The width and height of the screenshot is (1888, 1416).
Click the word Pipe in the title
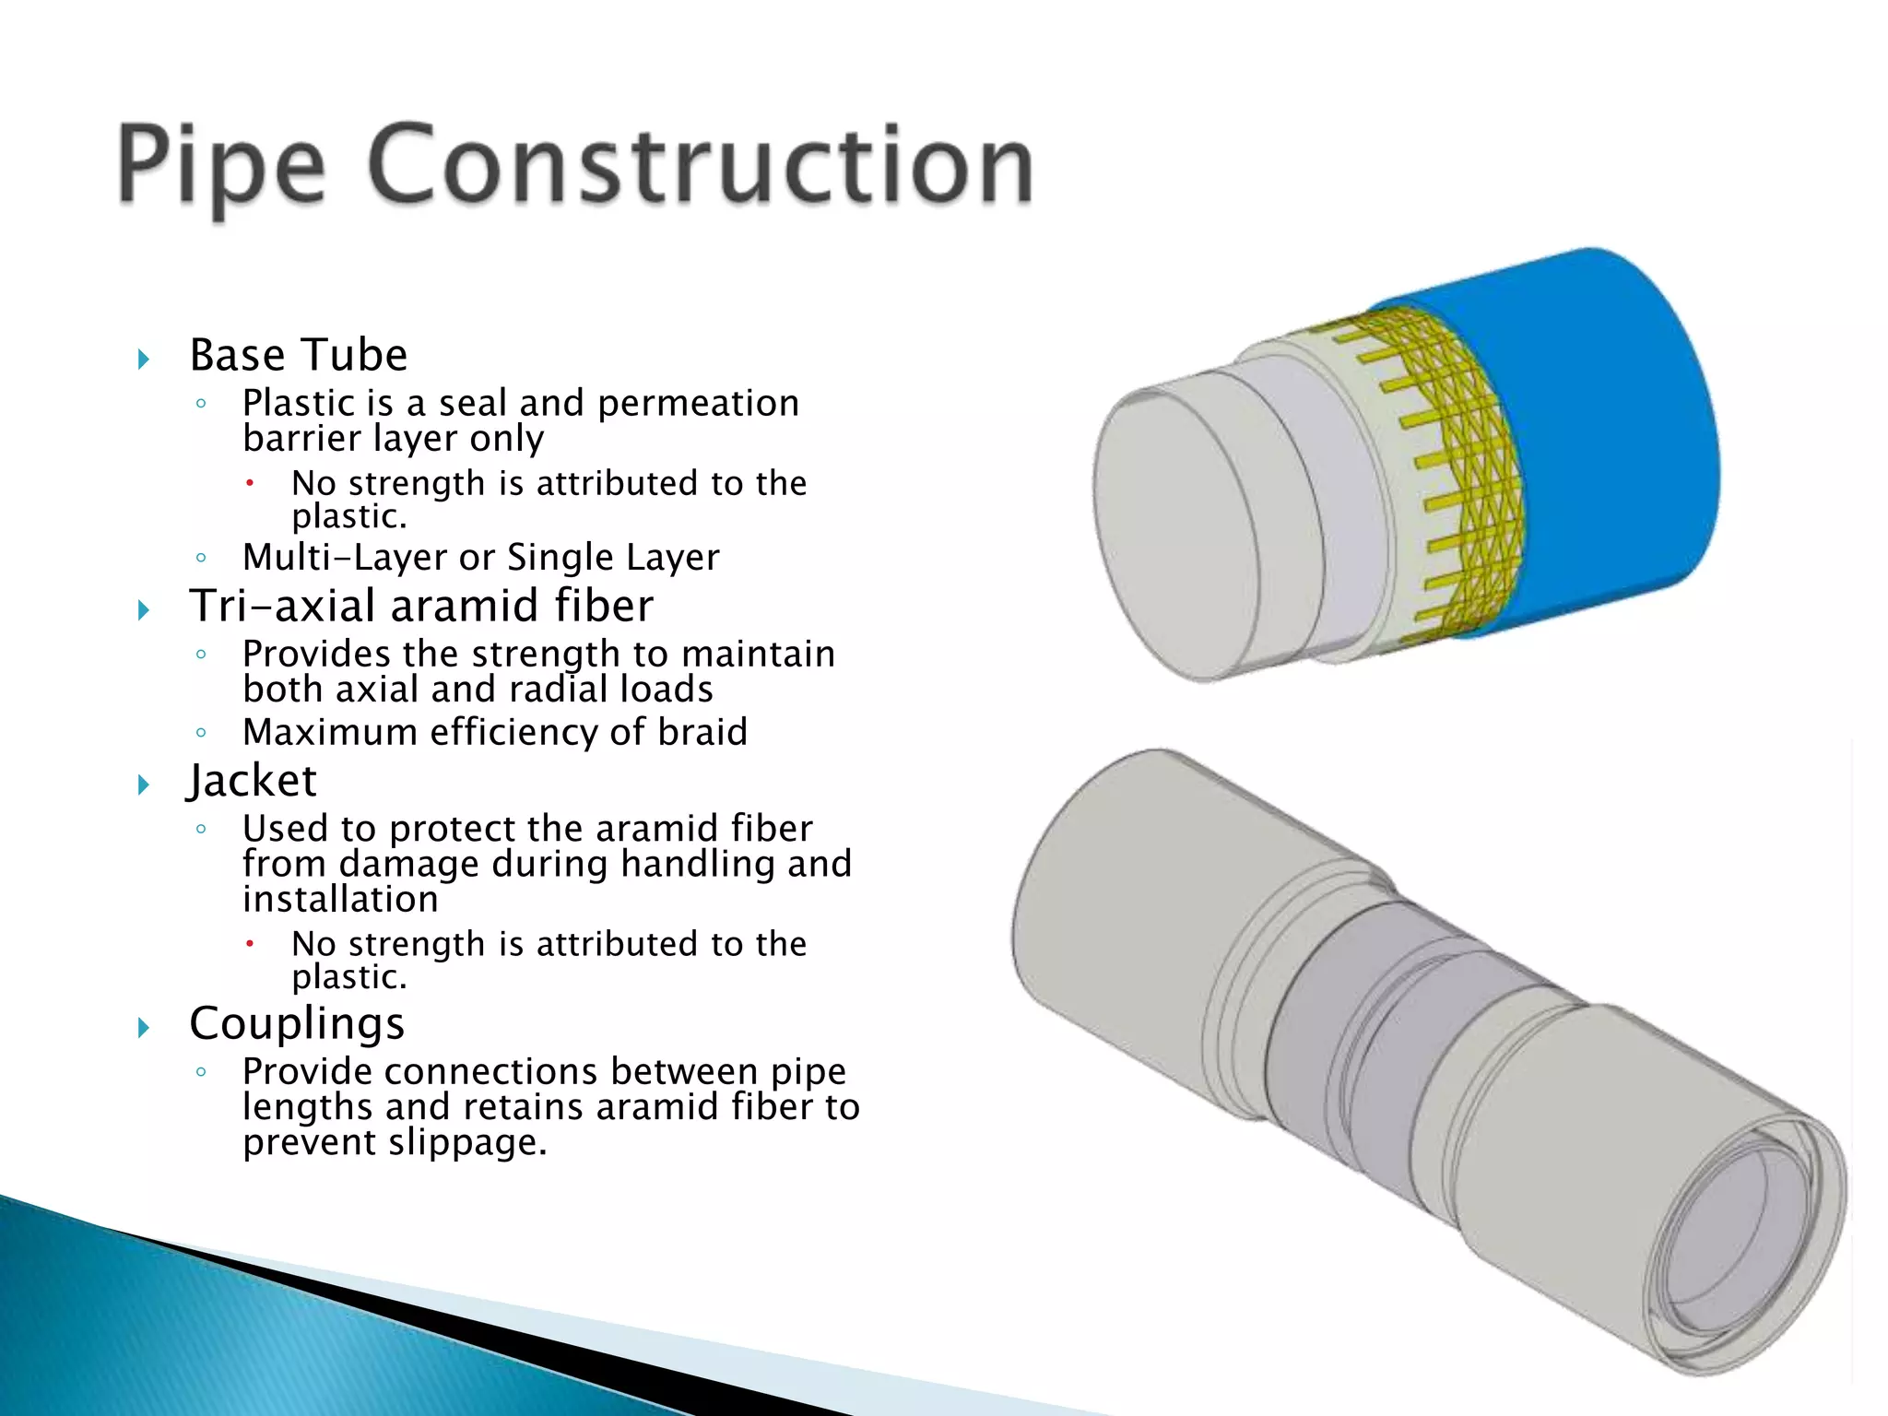(x=221, y=166)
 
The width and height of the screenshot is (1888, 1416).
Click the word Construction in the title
(x=701, y=166)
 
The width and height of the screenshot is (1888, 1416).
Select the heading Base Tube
(x=299, y=356)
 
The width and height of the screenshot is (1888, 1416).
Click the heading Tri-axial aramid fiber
(x=421, y=607)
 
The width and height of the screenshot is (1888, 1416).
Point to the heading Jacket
(x=253, y=781)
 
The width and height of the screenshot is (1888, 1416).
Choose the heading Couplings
(x=297, y=1023)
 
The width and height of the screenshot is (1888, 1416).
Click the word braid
(x=702, y=733)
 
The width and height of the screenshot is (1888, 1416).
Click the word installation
(x=340, y=900)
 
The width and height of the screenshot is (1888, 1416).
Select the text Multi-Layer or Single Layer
(x=480, y=558)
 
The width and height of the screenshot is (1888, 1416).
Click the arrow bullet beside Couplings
(x=144, y=1027)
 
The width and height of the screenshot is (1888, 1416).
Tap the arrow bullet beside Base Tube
(x=144, y=359)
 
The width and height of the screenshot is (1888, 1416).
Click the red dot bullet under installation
(x=249, y=943)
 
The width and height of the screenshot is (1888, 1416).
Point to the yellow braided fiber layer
(x=1457, y=470)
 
